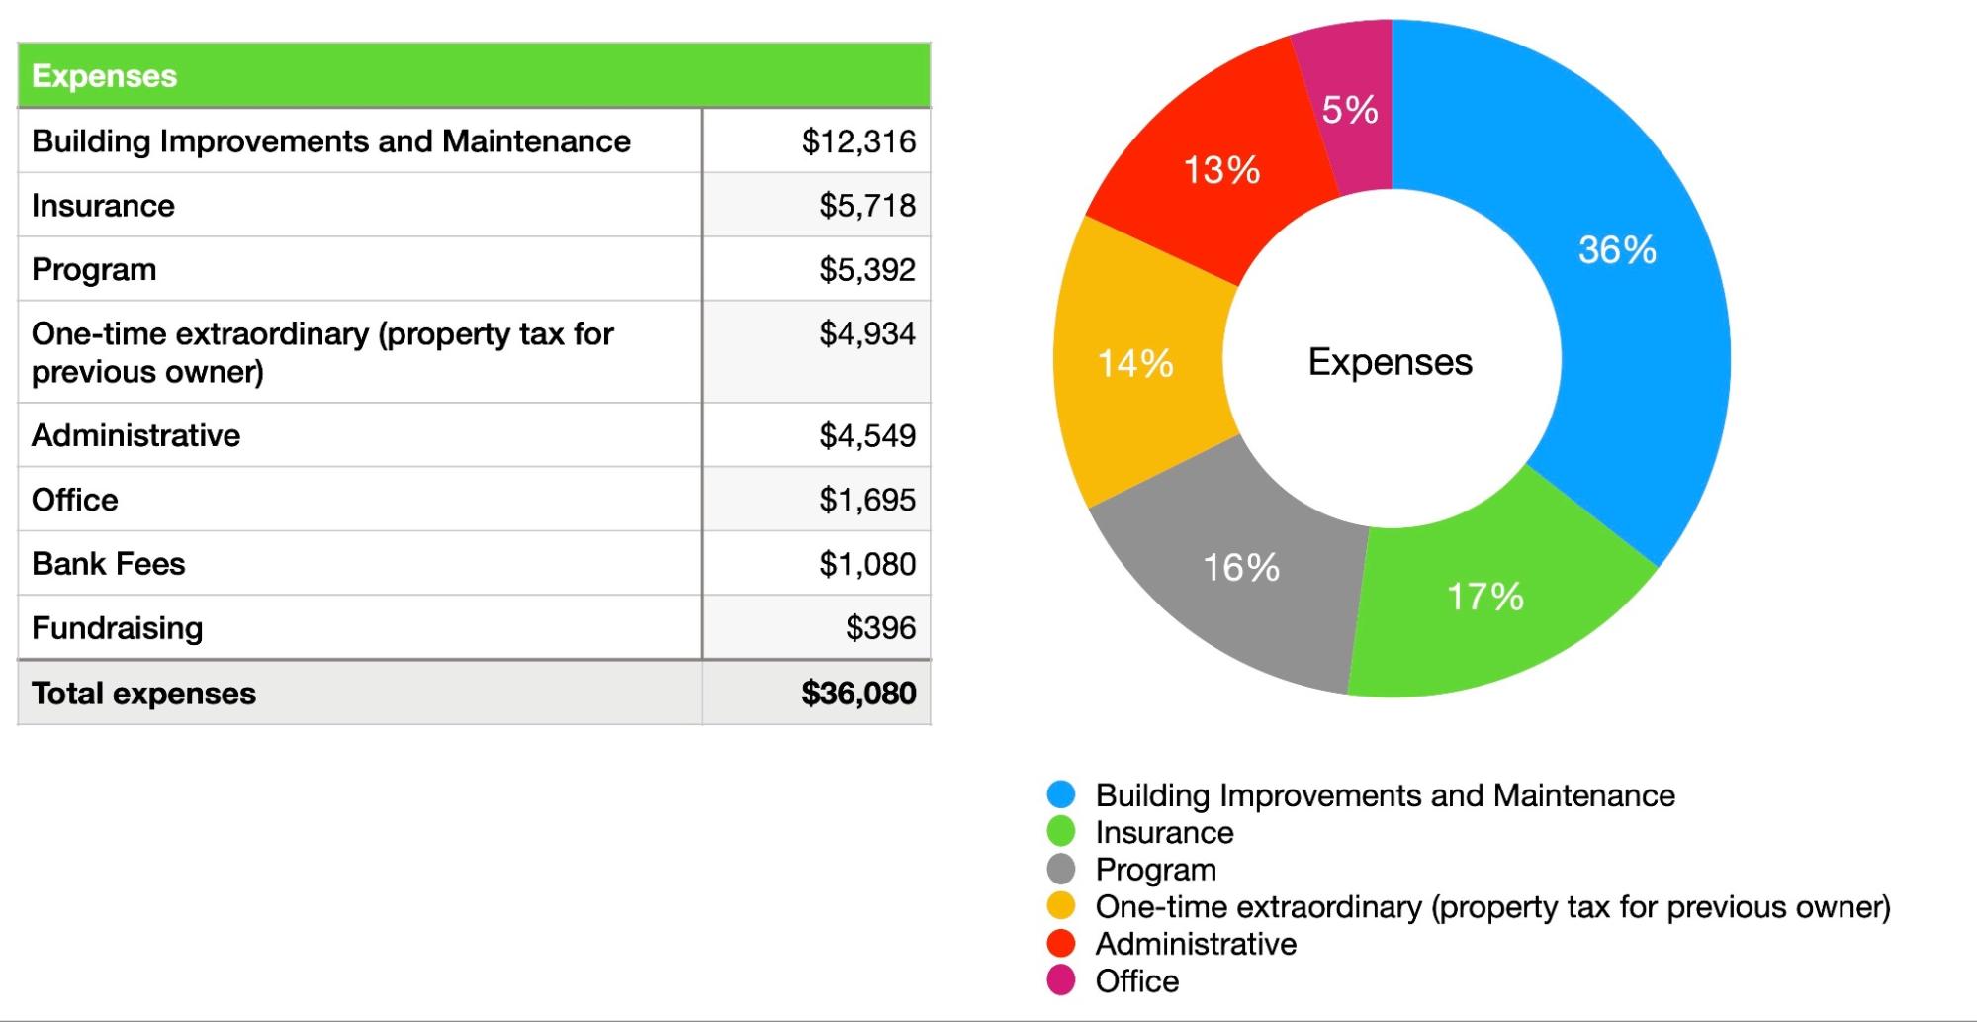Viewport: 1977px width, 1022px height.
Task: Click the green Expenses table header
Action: (104, 76)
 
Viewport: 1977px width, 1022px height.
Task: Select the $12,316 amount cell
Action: (858, 141)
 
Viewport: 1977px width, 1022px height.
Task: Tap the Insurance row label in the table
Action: (103, 206)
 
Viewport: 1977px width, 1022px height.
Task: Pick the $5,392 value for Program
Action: (866, 270)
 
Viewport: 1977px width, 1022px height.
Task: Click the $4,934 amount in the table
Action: (866, 334)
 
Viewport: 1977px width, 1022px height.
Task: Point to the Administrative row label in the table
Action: (135, 435)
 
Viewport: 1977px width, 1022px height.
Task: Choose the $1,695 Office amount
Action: (866, 500)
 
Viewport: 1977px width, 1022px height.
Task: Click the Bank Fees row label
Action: (108, 564)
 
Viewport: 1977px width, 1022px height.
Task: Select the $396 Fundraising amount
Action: (880, 628)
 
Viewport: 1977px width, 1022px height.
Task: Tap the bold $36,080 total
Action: (858, 694)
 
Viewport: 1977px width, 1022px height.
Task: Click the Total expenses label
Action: (143, 694)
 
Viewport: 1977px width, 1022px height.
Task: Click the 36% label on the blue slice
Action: (1617, 250)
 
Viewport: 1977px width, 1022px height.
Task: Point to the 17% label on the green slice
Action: (1484, 597)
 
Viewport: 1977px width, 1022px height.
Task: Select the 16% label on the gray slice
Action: (1241, 568)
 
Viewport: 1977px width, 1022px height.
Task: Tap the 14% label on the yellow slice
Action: (1135, 364)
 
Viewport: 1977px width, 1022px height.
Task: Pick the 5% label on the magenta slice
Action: (1350, 110)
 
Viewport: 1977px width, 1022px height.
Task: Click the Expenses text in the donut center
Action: (1390, 362)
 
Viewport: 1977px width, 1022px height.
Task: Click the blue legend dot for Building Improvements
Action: (1061, 794)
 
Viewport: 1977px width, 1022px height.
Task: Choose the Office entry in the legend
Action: (1136, 981)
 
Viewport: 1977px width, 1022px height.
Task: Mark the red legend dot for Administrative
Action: (1061, 944)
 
